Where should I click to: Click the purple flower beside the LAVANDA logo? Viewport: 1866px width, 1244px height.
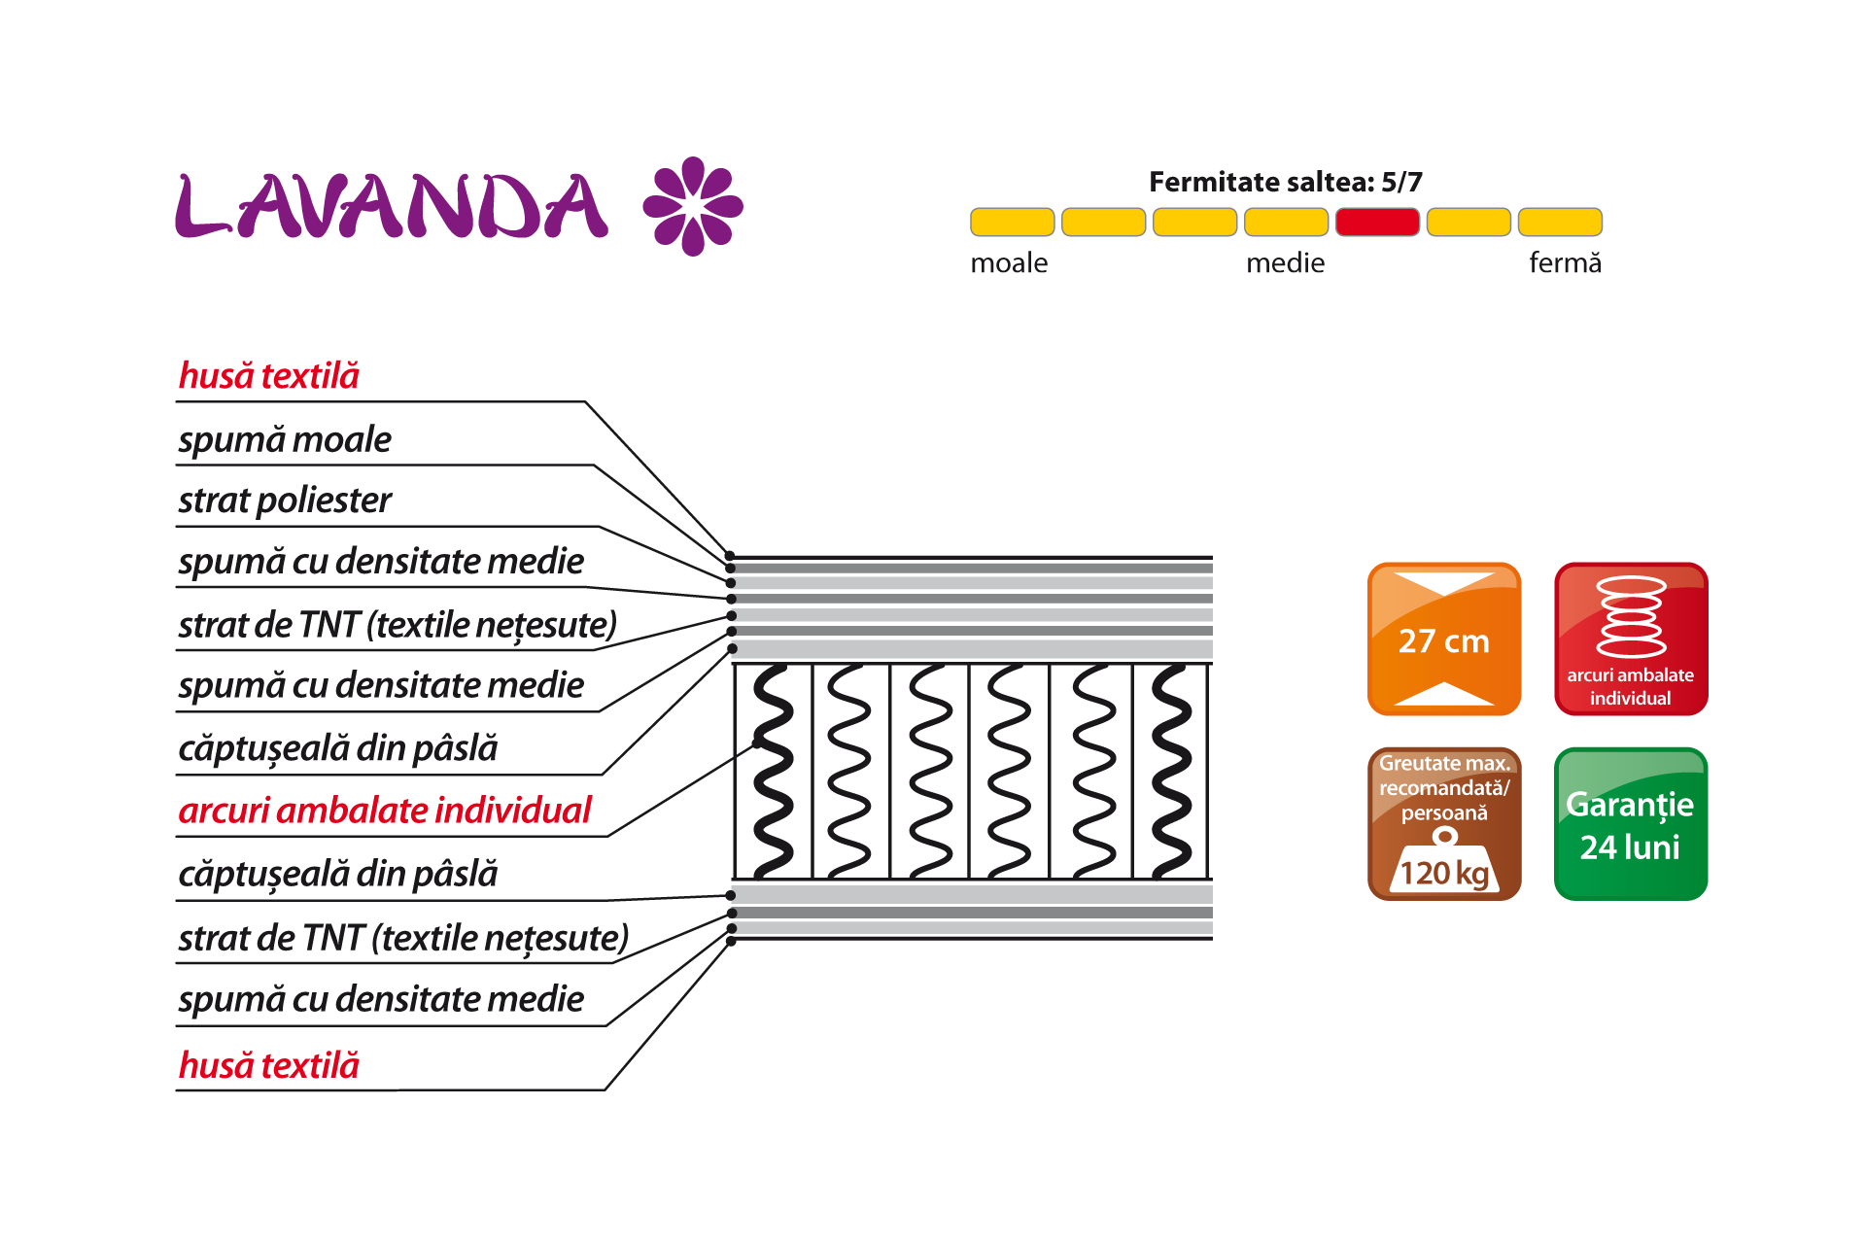tap(693, 206)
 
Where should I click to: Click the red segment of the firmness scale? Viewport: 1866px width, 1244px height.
tap(1377, 223)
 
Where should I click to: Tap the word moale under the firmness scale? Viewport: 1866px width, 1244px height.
tap(1009, 263)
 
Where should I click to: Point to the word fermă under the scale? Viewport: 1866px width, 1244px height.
tap(1565, 263)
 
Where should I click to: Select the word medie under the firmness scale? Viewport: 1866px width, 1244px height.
tap(1285, 263)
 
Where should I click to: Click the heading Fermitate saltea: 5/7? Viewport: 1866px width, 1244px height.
tap(1285, 182)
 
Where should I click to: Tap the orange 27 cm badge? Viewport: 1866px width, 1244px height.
tap(1444, 639)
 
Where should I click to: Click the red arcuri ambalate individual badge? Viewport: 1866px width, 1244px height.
tap(1631, 639)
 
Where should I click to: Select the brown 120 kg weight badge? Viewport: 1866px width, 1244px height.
tap(1444, 824)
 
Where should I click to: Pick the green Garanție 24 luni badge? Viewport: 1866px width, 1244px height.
tap(1631, 824)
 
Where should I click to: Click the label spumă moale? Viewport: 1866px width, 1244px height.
tap(285, 440)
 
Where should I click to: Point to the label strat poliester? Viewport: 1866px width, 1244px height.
tap(285, 501)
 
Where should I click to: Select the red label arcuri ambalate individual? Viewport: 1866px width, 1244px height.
tap(385, 811)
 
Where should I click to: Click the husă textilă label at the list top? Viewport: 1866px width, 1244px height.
tap(269, 376)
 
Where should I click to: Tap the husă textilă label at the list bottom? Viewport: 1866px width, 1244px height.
tap(269, 1066)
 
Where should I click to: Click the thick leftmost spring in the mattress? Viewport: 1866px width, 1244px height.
tap(774, 771)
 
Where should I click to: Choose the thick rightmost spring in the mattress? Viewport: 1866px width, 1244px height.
tap(1171, 771)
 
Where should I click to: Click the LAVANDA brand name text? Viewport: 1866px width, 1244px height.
tap(392, 206)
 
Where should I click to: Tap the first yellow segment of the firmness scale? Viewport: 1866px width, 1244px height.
tap(1012, 223)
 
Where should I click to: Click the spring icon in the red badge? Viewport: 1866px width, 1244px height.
tap(1631, 616)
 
